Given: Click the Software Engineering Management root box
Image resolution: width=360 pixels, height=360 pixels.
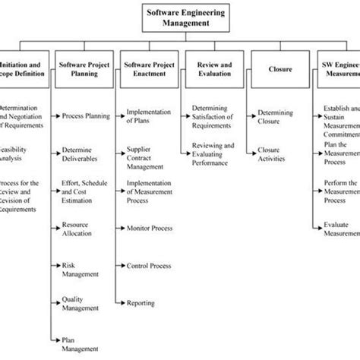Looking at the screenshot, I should click(x=179, y=18).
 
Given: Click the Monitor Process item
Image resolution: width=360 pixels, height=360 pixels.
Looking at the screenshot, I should click(x=149, y=227).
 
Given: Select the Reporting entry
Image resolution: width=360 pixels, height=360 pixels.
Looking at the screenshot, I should click(x=142, y=304).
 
